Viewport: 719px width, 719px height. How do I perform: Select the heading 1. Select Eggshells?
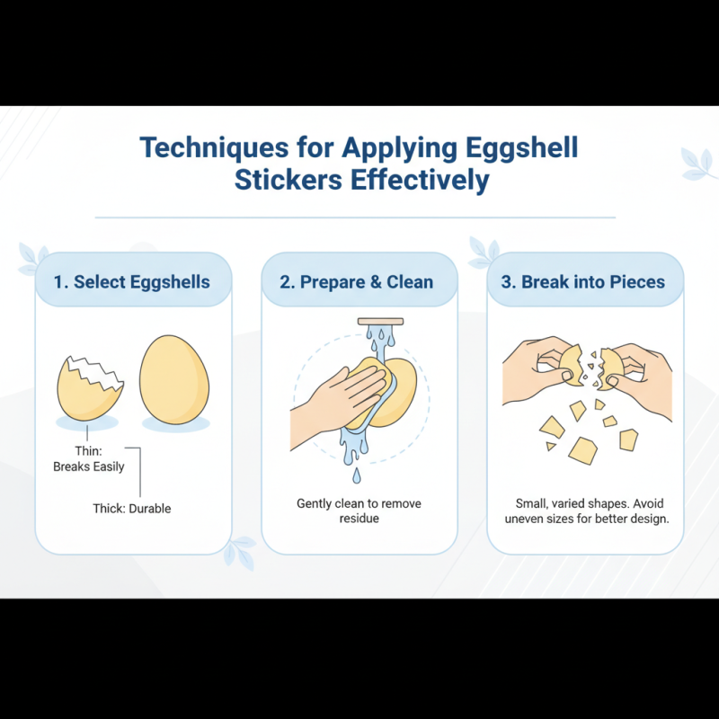(x=132, y=281)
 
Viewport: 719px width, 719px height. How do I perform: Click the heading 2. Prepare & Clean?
(x=357, y=281)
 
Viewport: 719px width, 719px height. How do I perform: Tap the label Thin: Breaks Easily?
(x=89, y=459)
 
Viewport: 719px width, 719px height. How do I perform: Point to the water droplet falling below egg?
(x=357, y=475)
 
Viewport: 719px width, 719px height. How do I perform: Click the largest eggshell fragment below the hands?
(x=582, y=449)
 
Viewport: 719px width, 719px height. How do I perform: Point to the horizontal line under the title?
(x=356, y=217)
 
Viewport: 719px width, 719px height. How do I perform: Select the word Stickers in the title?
(x=288, y=180)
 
